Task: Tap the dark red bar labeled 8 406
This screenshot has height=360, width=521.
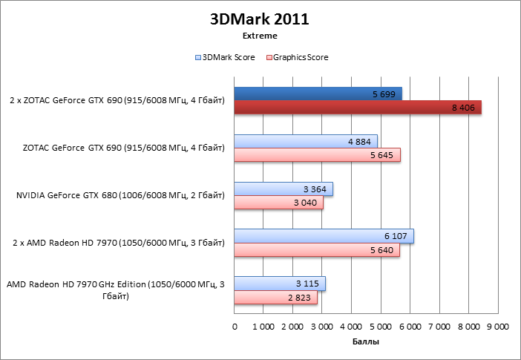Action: coord(358,108)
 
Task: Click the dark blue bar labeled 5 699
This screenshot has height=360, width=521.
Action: coord(318,94)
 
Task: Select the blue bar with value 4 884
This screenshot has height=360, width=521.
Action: coord(306,141)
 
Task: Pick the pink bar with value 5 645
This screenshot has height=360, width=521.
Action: coord(317,155)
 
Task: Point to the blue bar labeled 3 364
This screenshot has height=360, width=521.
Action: coord(284,189)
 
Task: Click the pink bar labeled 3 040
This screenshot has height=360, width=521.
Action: coord(278,203)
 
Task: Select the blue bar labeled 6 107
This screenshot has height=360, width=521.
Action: coord(324,236)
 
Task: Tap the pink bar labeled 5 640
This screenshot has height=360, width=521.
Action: coord(317,250)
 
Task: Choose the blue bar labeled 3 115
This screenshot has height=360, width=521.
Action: coord(280,284)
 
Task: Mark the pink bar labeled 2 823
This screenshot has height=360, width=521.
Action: coord(275,298)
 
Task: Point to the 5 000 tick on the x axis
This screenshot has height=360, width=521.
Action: coord(381,327)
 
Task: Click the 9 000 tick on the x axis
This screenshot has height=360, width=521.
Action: coord(497,327)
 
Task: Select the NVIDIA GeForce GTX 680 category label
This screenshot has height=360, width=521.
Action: coord(119,196)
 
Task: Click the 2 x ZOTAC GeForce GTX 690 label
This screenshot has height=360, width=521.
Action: coord(117,101)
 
